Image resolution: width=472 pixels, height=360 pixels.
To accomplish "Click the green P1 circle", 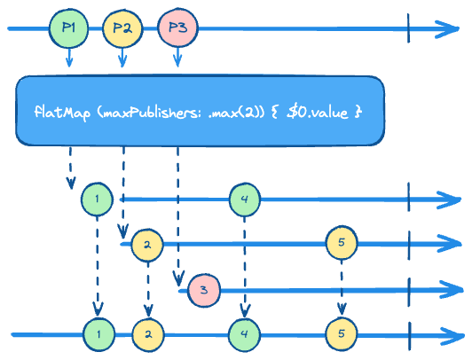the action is (69, 28).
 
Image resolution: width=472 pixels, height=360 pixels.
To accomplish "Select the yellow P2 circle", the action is (122, 28).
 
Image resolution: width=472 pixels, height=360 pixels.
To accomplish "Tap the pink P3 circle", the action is (177, 28).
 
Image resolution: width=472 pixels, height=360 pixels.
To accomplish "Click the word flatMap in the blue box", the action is (62, 113).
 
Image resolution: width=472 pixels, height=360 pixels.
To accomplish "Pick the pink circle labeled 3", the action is (204, 290).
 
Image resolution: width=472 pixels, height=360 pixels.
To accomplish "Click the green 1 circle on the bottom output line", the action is (99, 334).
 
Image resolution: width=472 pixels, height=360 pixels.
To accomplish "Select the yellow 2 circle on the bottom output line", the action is (148, 334).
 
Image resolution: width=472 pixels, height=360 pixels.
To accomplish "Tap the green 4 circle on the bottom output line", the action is (245, 334).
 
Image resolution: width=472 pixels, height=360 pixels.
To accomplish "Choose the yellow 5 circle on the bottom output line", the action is (342, 333).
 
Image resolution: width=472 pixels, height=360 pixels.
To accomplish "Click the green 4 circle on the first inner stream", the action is (245, 200).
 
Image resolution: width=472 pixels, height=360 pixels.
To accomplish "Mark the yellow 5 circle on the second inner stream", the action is (342, 242).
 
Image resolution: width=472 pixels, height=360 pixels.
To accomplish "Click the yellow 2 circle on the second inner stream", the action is (147, 245).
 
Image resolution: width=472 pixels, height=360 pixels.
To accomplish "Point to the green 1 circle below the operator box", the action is (97, 200).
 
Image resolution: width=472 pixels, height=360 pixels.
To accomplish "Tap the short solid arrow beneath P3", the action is (177, 58).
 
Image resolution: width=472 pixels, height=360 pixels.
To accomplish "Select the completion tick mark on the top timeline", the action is (408, 28).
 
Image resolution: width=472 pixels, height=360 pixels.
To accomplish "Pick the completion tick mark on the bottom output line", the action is (410, 336).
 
